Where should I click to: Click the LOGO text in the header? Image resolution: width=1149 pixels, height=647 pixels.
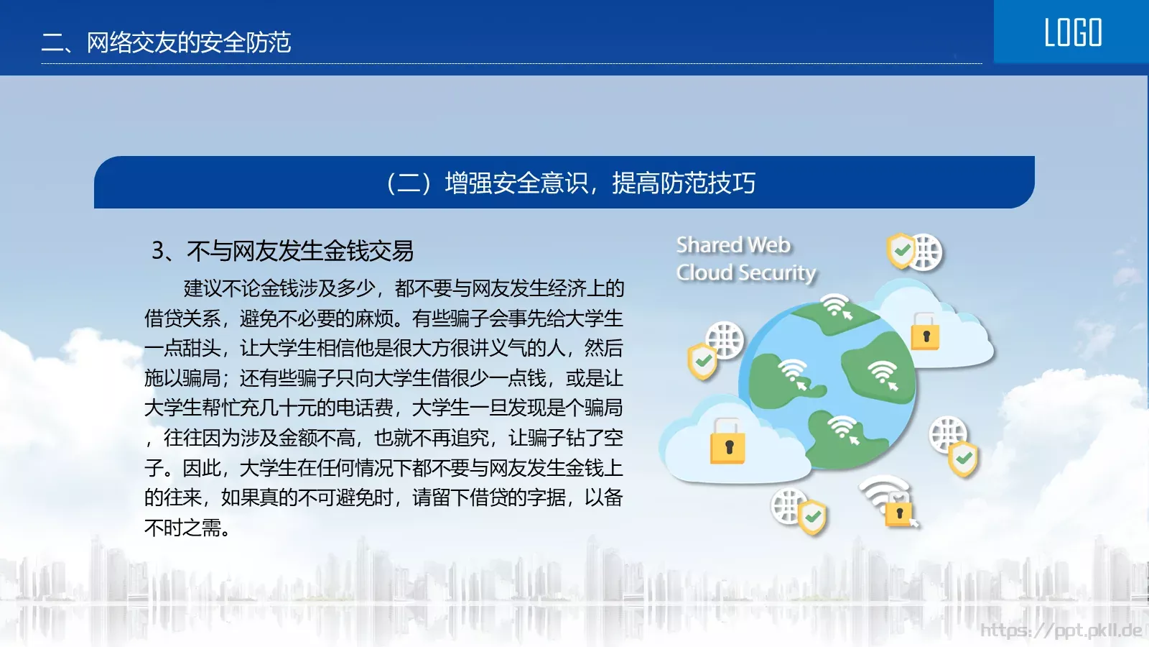(x=1073, y=33)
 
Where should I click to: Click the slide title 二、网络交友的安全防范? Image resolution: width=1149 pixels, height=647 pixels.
(x=166, y=42)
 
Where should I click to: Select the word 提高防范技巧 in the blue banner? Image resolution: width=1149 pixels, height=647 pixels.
(x=684, y=183)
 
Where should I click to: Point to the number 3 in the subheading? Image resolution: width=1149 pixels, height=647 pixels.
(x=158, y=251)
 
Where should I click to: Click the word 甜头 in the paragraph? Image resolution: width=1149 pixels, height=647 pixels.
(x=202, y=349)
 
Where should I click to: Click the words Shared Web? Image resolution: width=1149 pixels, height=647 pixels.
(x=733, y=245)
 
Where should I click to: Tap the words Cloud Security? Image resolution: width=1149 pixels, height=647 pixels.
(x=746, y=273)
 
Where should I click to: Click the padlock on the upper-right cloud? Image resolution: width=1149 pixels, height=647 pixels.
(x=925, y=333)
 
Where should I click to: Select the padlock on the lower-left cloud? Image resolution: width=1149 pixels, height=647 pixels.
(x=727, y=442)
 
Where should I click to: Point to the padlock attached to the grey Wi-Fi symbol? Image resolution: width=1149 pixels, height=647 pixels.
(x=898, y=512)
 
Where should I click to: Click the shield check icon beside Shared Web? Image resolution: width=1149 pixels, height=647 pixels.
(x=901, y=251)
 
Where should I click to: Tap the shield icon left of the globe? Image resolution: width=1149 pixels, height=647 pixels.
(x=702, y=360)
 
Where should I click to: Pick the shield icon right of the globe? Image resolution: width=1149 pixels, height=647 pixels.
(x=963, y=459)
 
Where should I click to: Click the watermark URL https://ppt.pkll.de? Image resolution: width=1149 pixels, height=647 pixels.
(x=1061, y=630)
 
